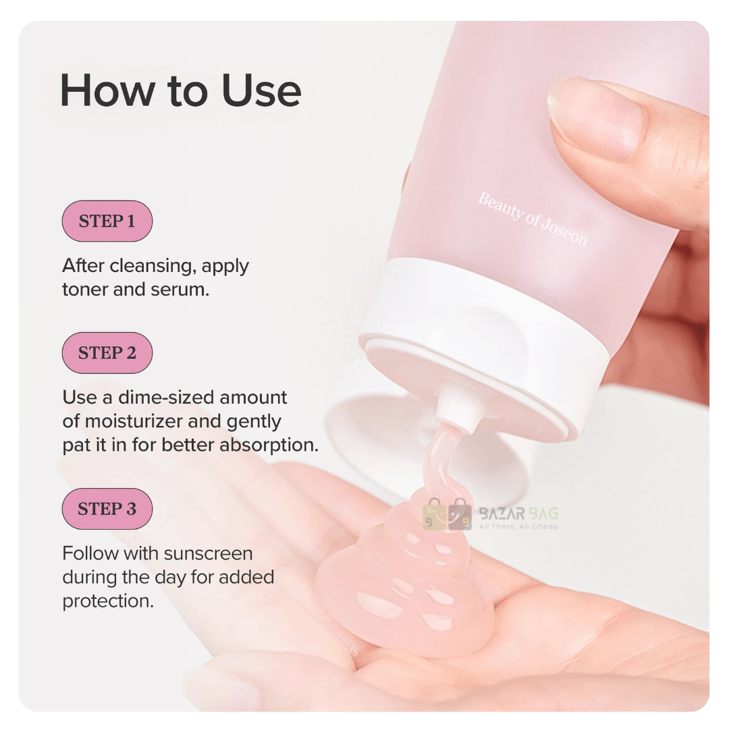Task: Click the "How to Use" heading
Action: point(180,90)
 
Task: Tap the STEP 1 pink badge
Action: point(107,221)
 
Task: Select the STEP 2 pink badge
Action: point(107,353)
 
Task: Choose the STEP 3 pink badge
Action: point(107,509)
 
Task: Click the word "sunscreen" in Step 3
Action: point(209,553)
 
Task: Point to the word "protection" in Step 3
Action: point(108,601)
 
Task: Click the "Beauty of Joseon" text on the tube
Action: point(533,219)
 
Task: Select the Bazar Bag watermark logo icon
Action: point(447,514)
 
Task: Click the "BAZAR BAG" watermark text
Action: point(518,514)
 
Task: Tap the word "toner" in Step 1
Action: point(85,290)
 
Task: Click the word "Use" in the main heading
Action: point(261,90)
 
